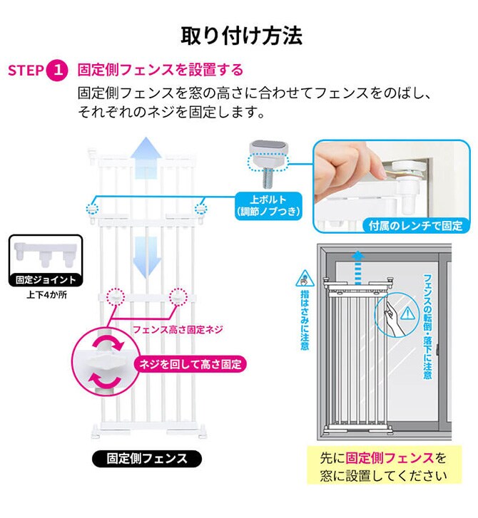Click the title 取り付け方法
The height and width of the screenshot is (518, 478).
[x=239, y=35]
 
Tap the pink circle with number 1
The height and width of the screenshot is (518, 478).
[x=57, y=71]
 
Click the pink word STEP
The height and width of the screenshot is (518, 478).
[x=26, y=71]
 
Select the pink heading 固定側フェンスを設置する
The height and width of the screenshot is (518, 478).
[x=160, y=71]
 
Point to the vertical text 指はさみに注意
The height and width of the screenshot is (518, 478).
[x=305, y=314]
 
